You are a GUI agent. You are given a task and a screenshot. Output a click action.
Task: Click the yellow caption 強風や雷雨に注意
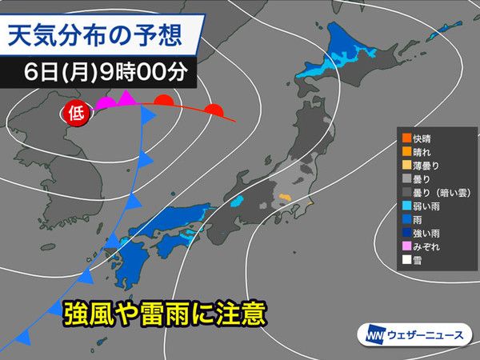point(164,311)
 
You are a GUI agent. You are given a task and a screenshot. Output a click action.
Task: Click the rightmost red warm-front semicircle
point(213,110)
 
